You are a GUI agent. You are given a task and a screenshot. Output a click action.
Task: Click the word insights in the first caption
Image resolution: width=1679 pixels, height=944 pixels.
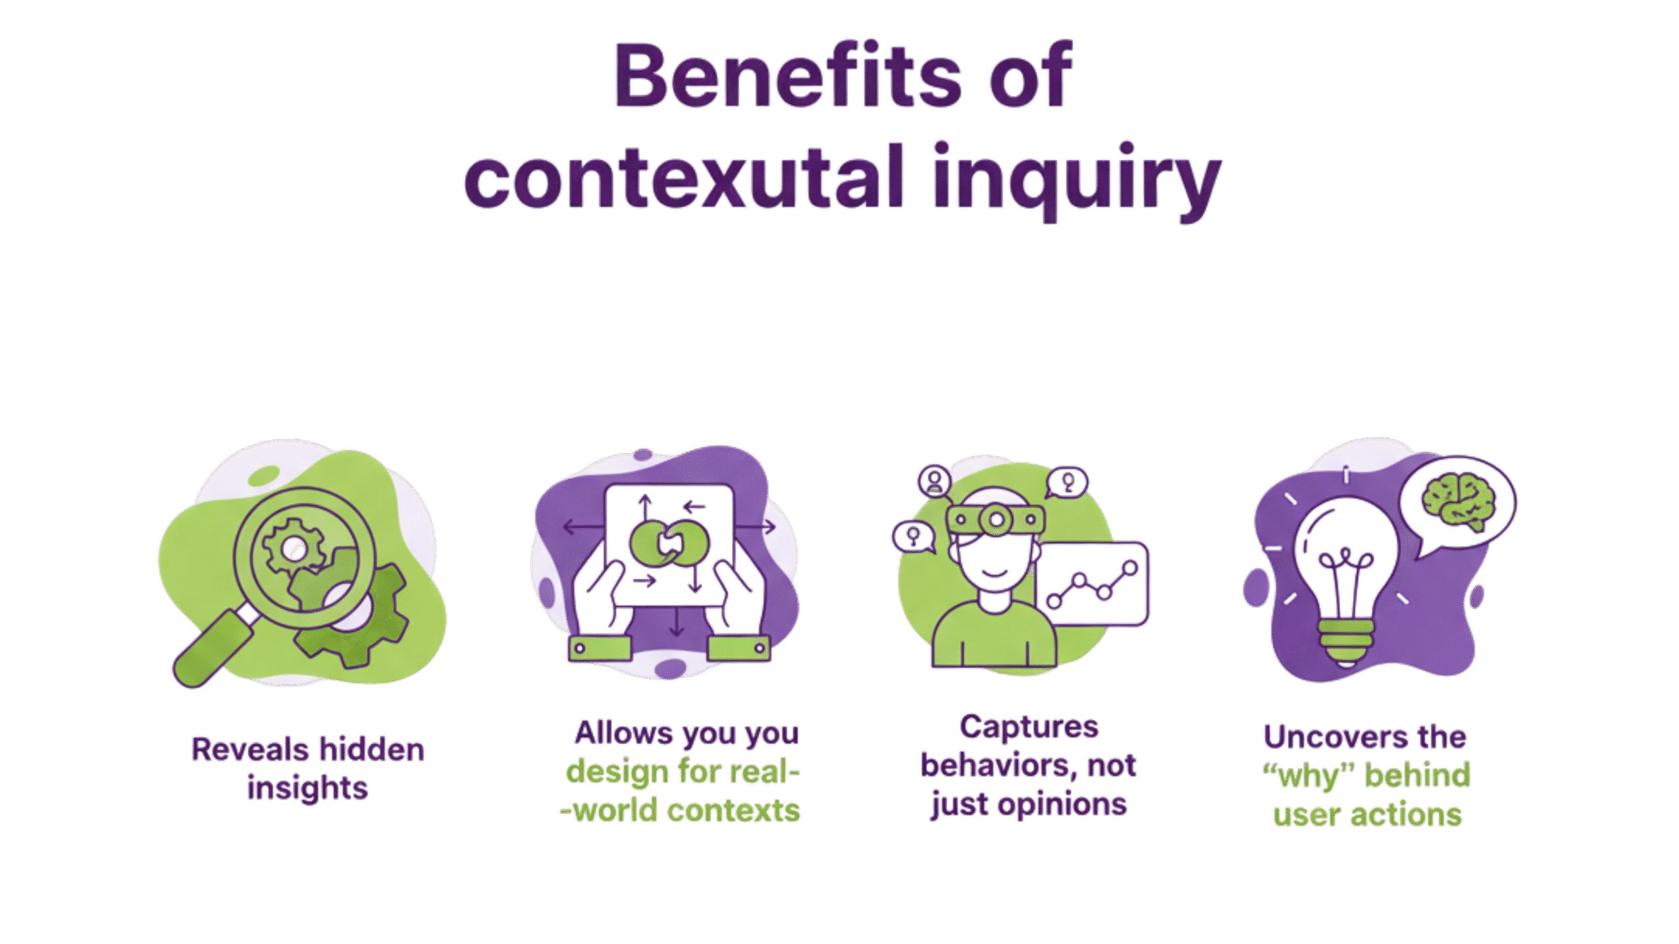tap(308, 788)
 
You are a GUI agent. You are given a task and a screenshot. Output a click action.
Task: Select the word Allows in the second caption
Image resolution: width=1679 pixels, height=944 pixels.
tap(623, 734)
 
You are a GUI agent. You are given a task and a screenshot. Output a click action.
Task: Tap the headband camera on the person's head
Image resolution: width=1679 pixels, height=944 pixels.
tap(996, 519)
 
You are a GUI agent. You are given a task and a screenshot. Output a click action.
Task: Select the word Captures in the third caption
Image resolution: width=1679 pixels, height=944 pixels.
tap(1029, 728)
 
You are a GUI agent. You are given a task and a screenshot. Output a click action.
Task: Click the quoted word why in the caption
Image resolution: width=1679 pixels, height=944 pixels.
tap(1310, 777)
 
